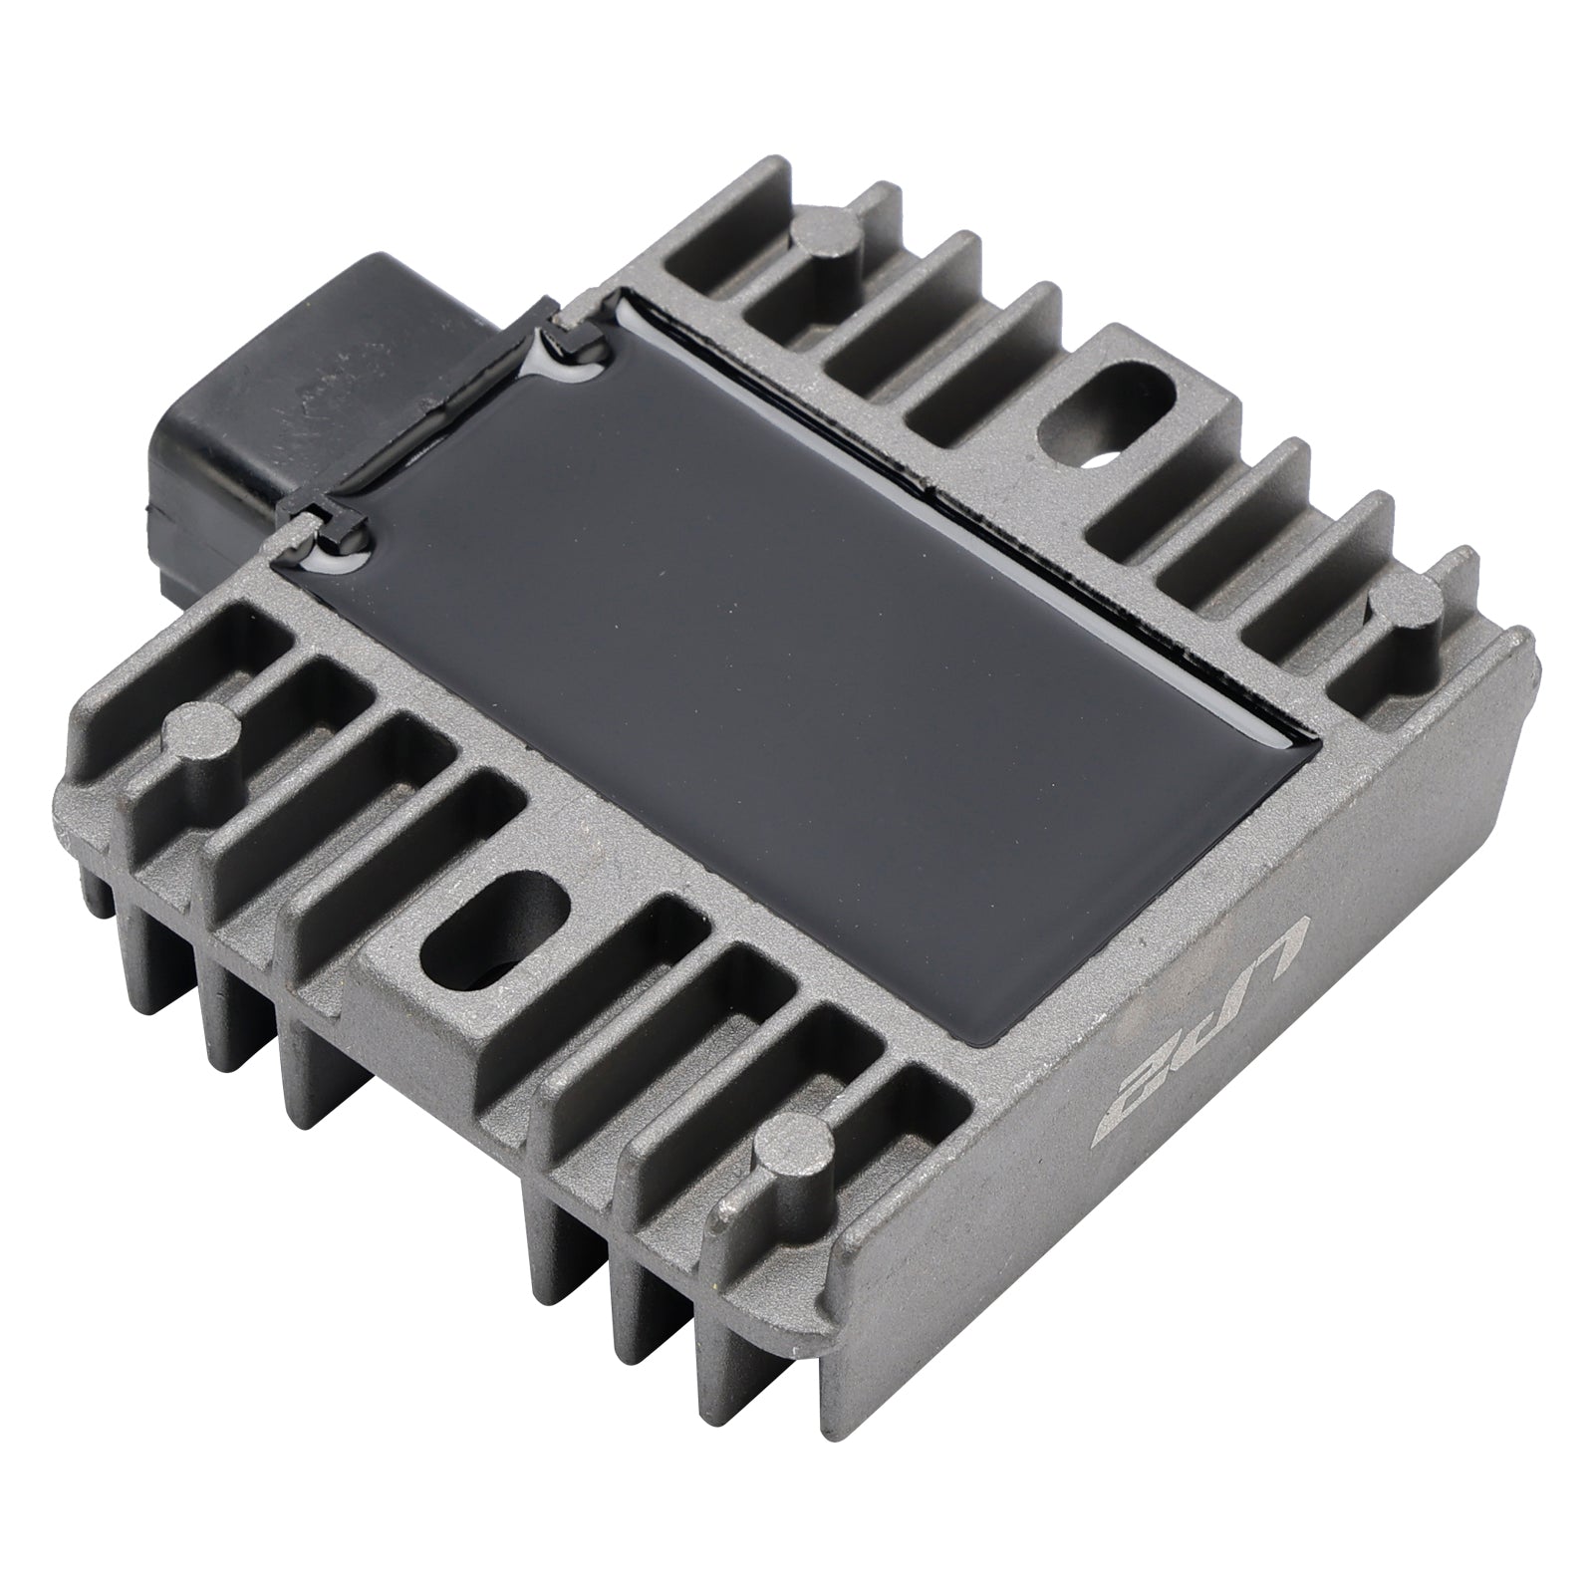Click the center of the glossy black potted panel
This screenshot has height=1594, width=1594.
pyautogui.click(x=797, y=598)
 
